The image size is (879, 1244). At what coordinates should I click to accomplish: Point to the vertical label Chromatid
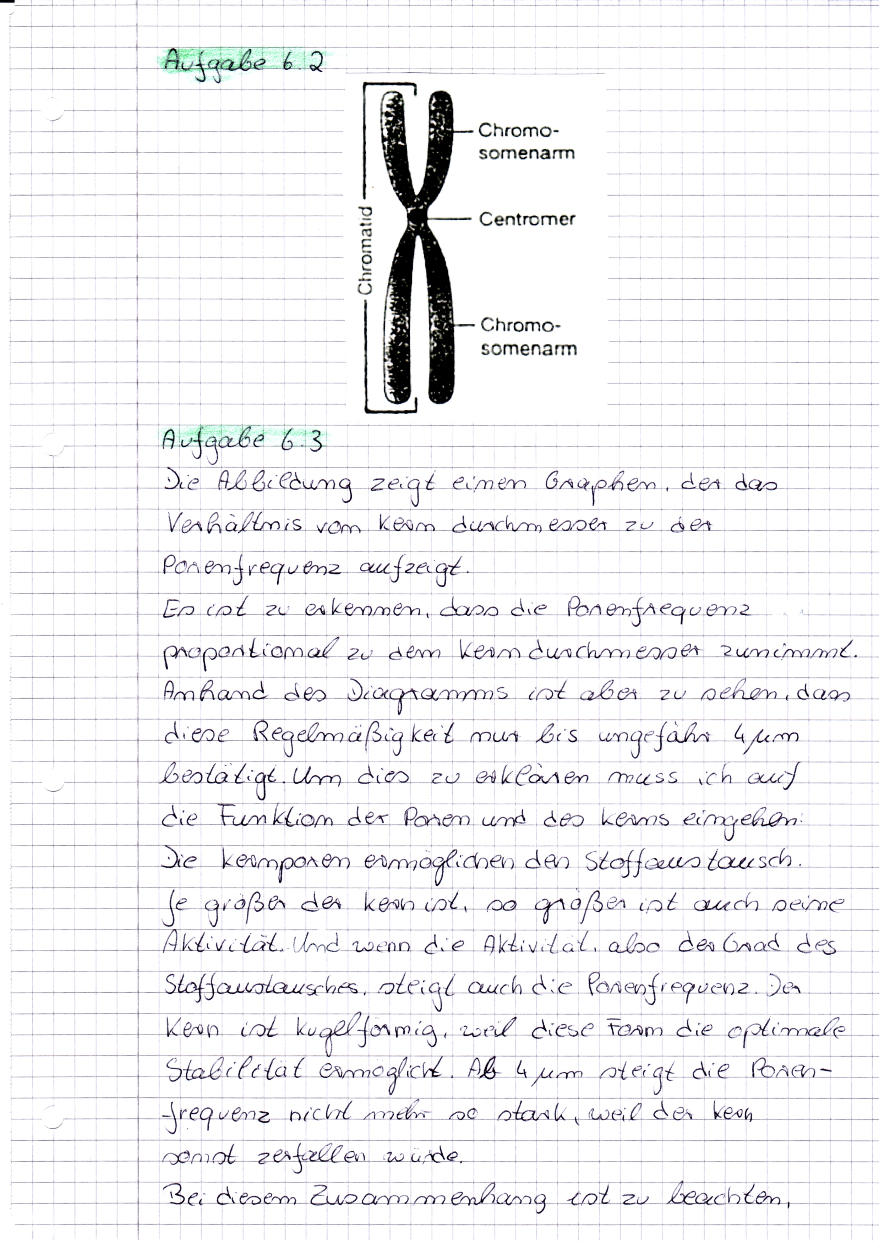[x=366, y=250]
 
